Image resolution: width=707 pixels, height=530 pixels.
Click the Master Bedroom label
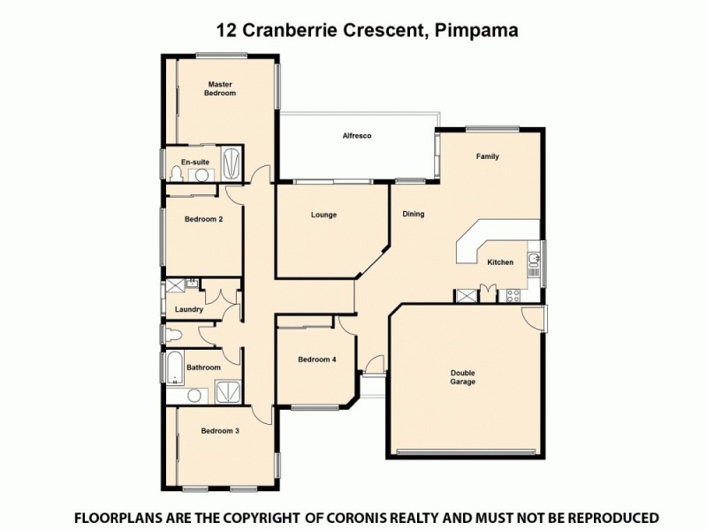(x=220, y=88)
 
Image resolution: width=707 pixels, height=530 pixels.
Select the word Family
(x=488, y=156)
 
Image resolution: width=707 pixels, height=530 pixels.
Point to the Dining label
(x=414, y=214)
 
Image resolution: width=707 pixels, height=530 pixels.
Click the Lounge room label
(x=323, y=215)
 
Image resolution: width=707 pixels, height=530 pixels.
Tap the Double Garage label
(x=462, y=377)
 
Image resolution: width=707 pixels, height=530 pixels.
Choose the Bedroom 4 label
(x=316, y=359)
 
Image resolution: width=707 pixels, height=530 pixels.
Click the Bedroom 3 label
(x=220, y=430)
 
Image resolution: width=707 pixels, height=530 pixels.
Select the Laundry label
(x=189, y=309)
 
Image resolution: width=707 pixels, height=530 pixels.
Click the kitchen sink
(x=534, y=260)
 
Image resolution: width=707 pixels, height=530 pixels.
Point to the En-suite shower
(x=232, y=163)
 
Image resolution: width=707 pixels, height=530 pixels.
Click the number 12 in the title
(x=226, y=29)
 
